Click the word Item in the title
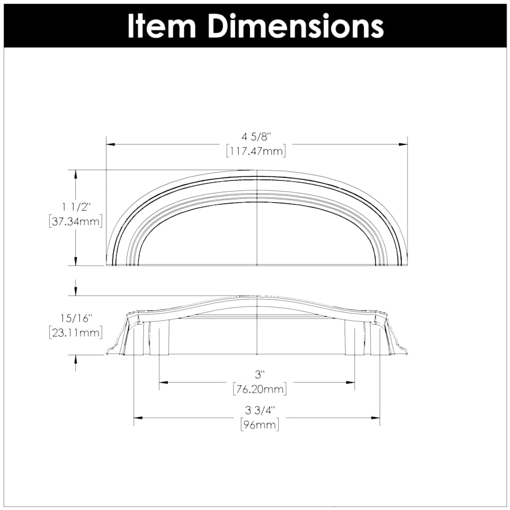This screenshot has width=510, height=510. click(x=162, y=26)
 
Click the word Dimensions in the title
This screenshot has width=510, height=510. click(x=296, y=26)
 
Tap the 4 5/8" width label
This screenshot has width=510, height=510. click(x=256, y=137)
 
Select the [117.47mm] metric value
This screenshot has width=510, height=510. click(x=256, y=151)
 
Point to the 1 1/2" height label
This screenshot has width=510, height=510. click(x=76, y=207)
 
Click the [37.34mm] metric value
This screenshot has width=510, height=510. click(x=76, y=222)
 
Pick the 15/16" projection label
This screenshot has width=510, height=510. click(x=76, y=318)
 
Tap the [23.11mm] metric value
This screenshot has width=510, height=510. click(x=76, y=333)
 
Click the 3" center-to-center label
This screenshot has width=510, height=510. click(x=258, y=375)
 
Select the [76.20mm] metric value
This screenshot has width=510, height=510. click(x=260, y=389)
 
